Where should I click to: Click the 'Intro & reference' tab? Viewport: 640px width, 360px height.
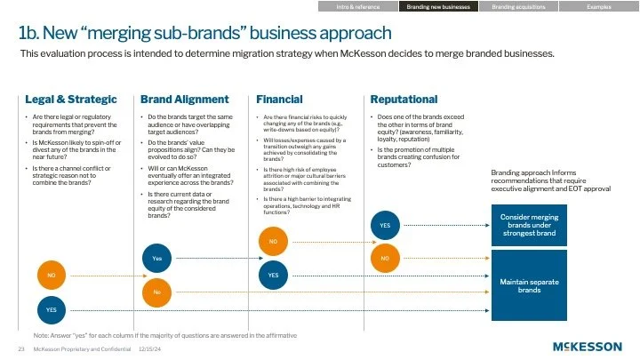coord(357,6)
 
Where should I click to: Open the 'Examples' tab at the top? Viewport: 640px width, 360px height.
coord(598,6)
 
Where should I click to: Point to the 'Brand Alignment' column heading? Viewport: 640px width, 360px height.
coord(184,100)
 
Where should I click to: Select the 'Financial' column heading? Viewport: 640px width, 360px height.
coord(279,100)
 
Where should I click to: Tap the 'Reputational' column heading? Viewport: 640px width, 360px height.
coord(404,100)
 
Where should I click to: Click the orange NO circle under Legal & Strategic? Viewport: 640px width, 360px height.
coord(52,276)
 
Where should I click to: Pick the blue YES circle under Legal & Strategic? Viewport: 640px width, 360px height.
coord(52,308)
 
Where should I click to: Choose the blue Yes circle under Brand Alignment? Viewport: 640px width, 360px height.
coord(156,258)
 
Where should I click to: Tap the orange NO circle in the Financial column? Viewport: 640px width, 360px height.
coord(273,241)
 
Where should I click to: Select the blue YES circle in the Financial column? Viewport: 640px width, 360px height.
coord(273,276)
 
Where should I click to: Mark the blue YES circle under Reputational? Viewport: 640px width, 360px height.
coord(385,225)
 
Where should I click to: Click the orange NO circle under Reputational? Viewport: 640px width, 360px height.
coord(385,259)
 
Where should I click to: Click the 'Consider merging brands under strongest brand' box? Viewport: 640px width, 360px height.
coord(529,224)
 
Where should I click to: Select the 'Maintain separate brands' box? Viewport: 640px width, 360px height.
coord(529,285)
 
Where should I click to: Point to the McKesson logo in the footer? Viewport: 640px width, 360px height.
coord(587,346)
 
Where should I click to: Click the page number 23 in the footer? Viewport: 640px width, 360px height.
coord(20,349)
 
